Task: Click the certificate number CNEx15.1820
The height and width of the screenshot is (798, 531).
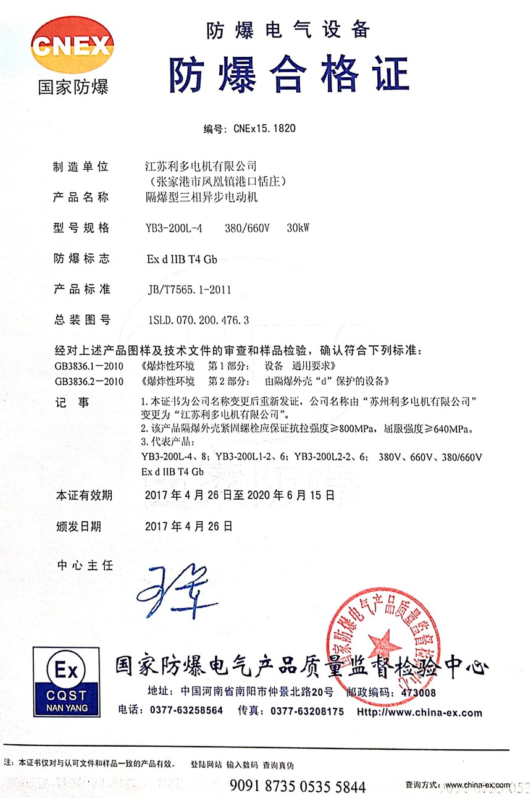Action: [264, 129]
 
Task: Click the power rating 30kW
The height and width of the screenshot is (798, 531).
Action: [298, 229]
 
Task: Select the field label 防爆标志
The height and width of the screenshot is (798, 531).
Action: [82, 259]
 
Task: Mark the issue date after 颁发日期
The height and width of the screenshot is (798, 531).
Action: [188, 526]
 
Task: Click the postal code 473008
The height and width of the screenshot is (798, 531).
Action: [418, 693]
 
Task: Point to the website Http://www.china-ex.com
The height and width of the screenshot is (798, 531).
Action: [420, 712]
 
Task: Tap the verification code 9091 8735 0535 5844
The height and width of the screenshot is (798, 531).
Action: [298, 786]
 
